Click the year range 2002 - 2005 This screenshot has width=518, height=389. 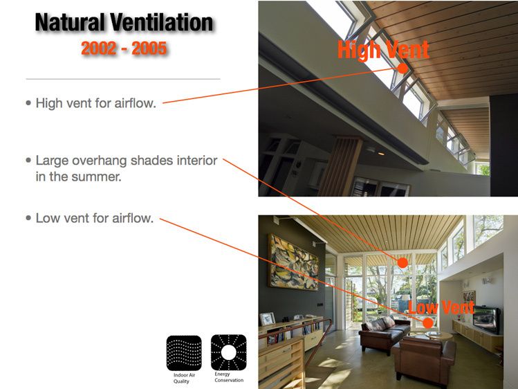(x=124, y=49)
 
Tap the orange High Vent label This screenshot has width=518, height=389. (x=383, y=49)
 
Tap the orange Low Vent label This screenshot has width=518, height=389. (x=441, y=307)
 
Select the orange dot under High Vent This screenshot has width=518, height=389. (x=403, y=69)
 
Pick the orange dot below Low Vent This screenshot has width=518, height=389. (x=428, y=323)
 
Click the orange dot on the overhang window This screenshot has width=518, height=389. (x=402, y=262)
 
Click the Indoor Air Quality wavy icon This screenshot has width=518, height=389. (x=184, y=353)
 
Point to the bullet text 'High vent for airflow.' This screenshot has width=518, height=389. (x=95, y=103)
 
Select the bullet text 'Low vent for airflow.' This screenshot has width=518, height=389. (x=94, y=218)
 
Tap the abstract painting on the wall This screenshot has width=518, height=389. (x=293, y=262)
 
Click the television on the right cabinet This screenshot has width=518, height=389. (x=485, y=319)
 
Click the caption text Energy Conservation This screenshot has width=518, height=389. (x=228, y=377)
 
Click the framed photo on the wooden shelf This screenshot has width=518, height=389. (x=267, y=318)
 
